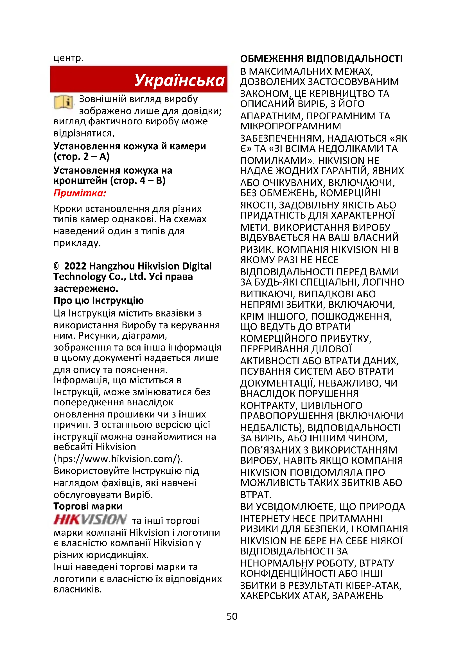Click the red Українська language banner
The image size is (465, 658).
click(139, 79)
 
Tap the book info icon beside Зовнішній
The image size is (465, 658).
click(64, 102)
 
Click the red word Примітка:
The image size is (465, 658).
click(80, 193)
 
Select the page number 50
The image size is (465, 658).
click(232, 616)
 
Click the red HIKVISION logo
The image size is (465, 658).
click(90, 519)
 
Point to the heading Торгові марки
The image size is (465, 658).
click(88, 506)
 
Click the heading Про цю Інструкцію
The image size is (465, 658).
click(98, 300)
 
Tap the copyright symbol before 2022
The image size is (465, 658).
click(56, 266)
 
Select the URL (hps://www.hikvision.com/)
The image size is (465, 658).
click(118, 459)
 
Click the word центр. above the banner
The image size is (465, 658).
click(68, 58)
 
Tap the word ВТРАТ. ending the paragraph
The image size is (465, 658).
click(256, 495)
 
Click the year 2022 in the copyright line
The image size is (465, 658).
click(75, 266)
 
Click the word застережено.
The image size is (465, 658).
click(86, 288)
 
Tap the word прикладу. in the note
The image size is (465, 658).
click(77, 243)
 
